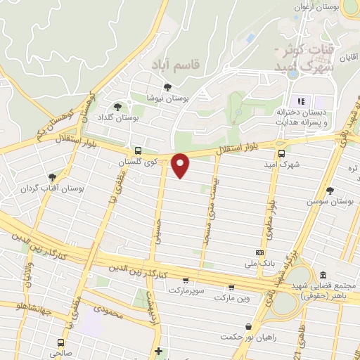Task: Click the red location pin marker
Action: tap(181, 165)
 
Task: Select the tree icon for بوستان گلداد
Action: tap(117, 107)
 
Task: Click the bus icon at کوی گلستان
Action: tap(137, 150)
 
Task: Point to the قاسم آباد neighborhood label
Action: tap(176, 64)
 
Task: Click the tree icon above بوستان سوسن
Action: tap(330, 191)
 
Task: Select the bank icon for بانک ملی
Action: tap(260, 252)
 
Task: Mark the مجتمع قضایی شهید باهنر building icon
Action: tap(323, 274)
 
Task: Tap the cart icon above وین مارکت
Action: tap(232, 287)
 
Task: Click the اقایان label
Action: tap(349, 53)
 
